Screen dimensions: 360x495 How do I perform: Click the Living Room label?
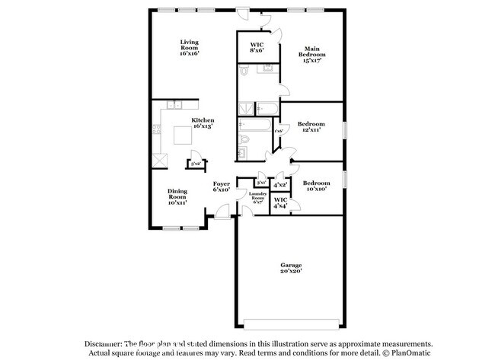[189, 48]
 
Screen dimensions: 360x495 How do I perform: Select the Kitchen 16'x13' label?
[203, 123]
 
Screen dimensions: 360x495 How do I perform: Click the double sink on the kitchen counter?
[174, 105]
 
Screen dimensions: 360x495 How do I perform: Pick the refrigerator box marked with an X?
[160, 160]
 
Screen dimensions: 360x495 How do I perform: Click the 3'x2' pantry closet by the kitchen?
[195, 163]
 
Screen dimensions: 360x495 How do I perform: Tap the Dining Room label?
[177, 197]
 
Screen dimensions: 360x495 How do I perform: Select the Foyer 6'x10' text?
[221, 186]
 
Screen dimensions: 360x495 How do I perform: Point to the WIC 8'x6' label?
[257, 48]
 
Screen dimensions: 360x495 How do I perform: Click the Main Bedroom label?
[311, 52]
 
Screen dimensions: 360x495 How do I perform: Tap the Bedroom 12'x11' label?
[311, 126]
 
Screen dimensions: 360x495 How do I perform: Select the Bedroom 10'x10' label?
[316, 186]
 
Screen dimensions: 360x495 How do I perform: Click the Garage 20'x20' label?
[290, 268]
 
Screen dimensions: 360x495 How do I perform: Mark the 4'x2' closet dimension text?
[279, 184]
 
